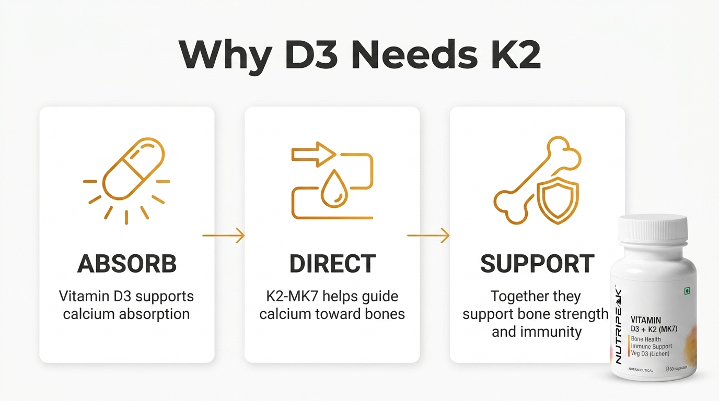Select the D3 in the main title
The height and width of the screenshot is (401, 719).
tap(311, 54)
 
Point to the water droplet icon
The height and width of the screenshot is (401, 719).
tap(334, 189)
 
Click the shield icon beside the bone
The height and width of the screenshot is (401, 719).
tap(558, 200)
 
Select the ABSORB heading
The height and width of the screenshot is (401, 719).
tap(127, 263)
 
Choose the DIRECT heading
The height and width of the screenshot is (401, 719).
tap(332, 263)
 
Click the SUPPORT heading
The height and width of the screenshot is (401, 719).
tap(537, 263)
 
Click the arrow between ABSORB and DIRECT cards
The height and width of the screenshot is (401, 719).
tap(224, 235)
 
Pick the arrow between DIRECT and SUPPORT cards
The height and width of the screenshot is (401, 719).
tap(428, 235)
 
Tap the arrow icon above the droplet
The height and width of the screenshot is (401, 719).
tap(314, 155)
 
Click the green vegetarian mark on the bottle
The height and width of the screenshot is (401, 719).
tap(687, 291)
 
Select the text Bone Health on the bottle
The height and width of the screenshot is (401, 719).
tap(646, 339)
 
